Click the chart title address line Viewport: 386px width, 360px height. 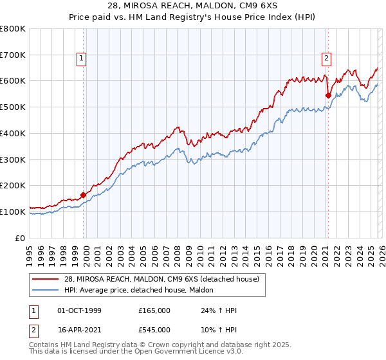pyautogui.click(x=193, y=7)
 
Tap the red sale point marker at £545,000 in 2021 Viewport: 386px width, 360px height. pyautogui.click(x=328, y=95)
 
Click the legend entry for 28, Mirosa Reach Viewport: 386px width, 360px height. pyautogui.click(x=161, y=279)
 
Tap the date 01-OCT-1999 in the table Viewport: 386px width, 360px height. pyautogui.click(x=79, y=310)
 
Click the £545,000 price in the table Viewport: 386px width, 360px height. pyautogui.click(x=154, y=330)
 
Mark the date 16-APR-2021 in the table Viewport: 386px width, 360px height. pyautogui.click(x=79, y=330)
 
